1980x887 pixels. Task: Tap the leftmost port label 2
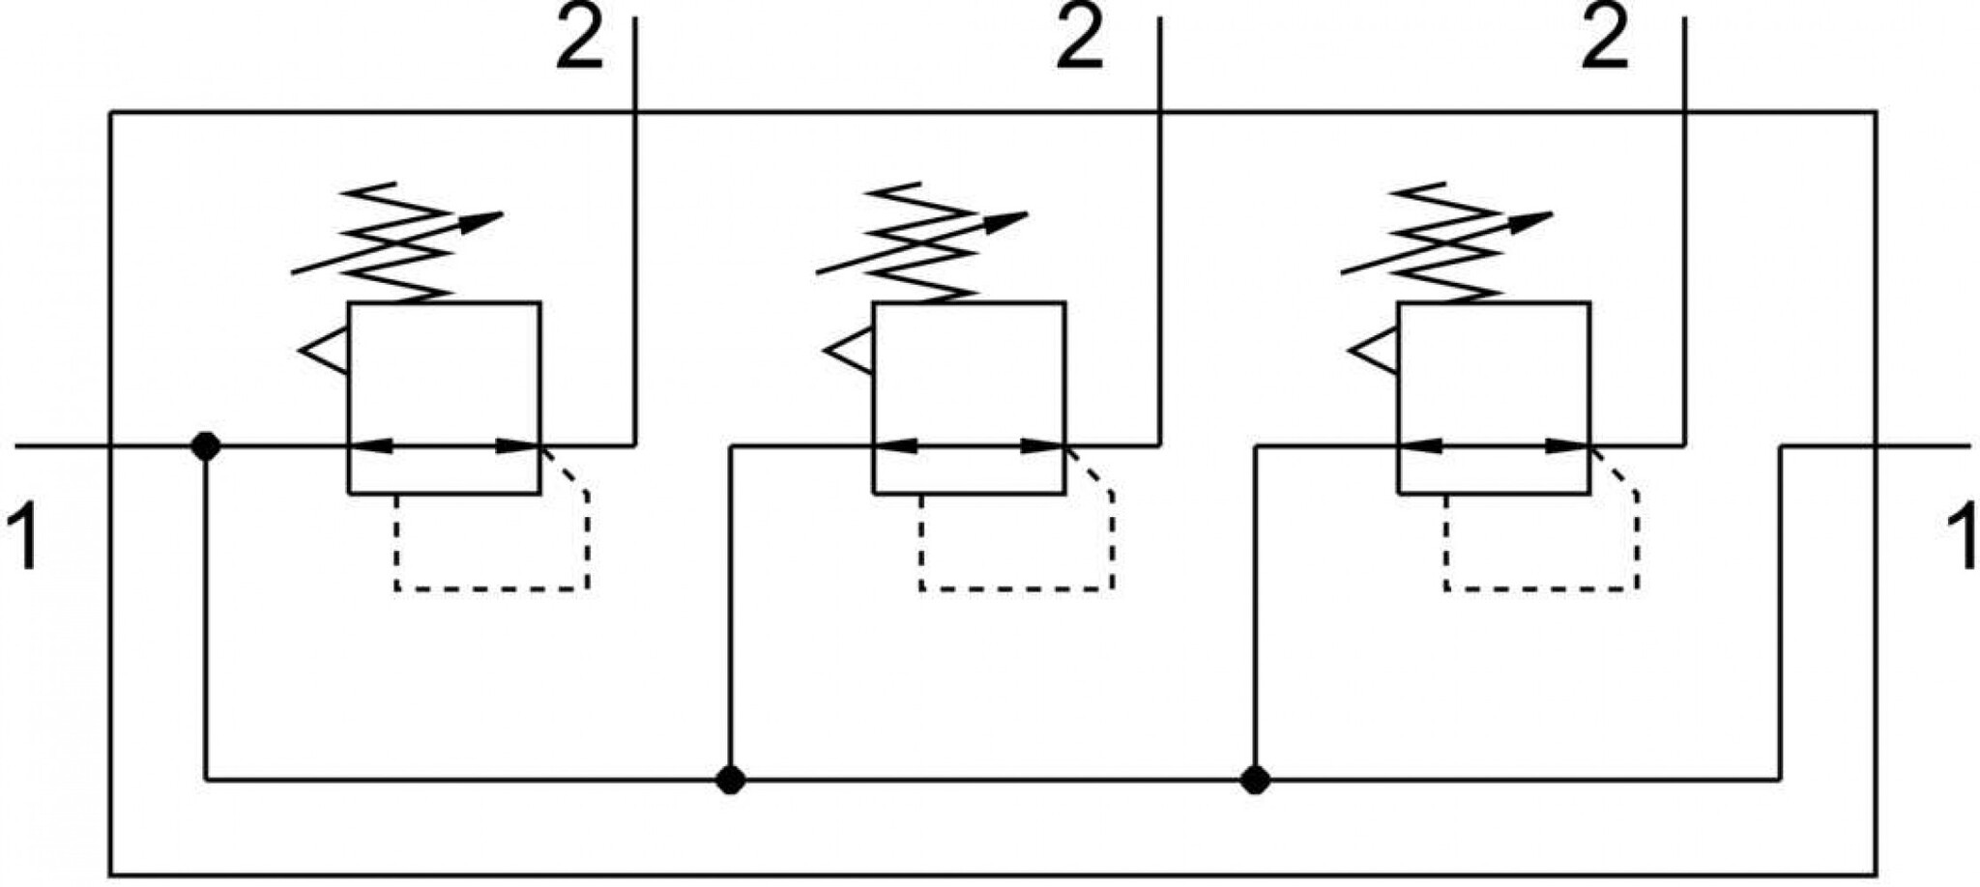[x=579, y=39]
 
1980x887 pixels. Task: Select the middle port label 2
[x=1079, y=39]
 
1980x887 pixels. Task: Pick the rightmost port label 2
[x=1605, y=39]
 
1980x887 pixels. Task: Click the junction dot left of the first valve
[x=206, y=446]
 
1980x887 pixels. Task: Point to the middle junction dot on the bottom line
[x=731, y=779]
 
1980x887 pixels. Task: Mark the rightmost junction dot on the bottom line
[x=1255, y=779]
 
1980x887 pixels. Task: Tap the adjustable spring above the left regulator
[x=396, y=242]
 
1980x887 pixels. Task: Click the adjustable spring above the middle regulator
[x=921, y=242]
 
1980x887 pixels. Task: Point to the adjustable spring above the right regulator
[x=1446, y=242]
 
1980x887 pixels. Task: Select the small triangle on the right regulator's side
[x=1374, y=352]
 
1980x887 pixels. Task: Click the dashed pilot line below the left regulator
[x=492, y=588]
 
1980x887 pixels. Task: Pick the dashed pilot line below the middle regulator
[x=1017, y=588]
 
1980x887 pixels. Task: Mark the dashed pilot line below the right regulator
[x=1542, y=588]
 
